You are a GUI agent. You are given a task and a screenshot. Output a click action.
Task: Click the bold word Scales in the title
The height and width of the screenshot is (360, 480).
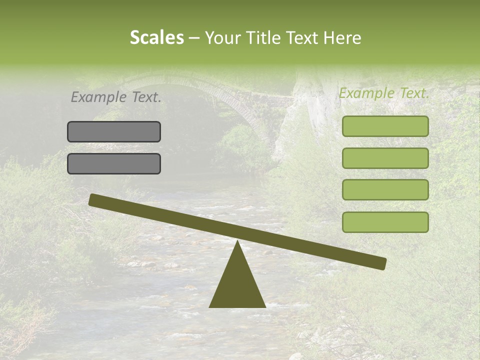pos(156,38)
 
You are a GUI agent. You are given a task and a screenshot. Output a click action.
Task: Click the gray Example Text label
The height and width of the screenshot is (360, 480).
pos(116,97)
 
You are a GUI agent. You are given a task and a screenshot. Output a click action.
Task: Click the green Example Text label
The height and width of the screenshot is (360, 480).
pos(384,93)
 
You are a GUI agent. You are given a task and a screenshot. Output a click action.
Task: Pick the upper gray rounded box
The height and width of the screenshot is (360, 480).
pos(114,131)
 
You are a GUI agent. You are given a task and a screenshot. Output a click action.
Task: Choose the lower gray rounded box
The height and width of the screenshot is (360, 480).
pos(114,163)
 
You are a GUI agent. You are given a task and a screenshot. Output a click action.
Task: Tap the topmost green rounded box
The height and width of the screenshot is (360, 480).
pos(385,126)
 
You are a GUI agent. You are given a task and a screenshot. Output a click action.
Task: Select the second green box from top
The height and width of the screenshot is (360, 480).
pos(385,158)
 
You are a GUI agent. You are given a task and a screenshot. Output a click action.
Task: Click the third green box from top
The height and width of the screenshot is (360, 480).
pos(385,189)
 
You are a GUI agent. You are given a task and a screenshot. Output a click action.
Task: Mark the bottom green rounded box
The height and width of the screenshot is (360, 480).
pos(385,222)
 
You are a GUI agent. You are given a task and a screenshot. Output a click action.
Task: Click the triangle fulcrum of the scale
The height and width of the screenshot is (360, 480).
pos(237,285)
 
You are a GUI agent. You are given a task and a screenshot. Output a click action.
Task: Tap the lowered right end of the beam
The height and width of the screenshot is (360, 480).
pos(381,263)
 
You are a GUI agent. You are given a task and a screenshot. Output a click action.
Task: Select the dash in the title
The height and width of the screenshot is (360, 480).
pos(194,38)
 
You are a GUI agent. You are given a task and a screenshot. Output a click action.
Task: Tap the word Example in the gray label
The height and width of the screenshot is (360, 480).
pos(99,97)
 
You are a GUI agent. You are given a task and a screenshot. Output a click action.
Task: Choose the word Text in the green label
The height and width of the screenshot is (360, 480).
pos(413,93)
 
